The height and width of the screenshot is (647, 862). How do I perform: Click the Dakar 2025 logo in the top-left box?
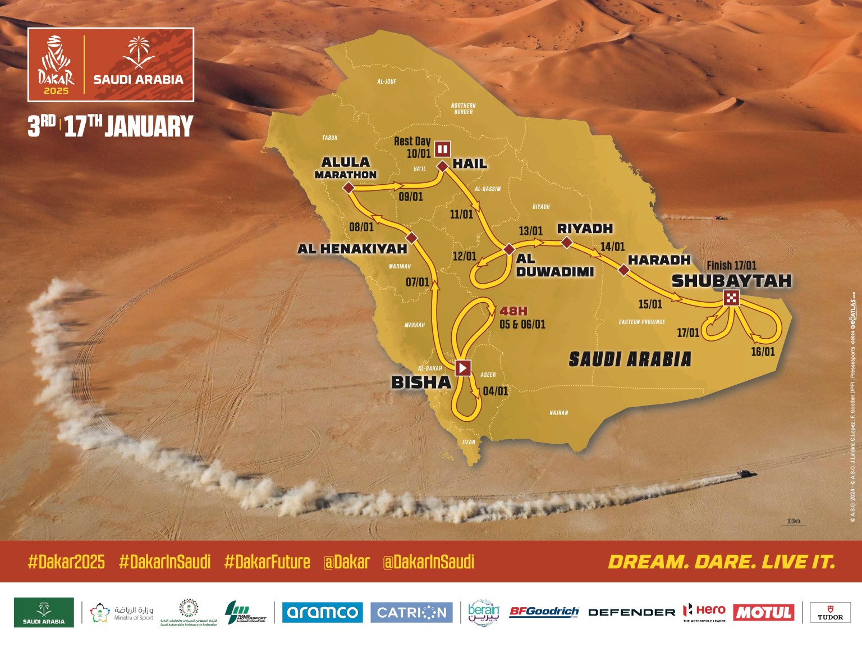pyautogui.click(x=56, y=65)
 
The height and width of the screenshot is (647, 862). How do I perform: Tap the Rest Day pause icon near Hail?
pyautogui.click(x=443, y=149)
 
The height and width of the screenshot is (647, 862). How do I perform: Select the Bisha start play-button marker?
pyautogui.click(x=463, y=368)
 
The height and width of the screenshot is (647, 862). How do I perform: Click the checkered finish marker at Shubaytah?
pyautogui.click(x=731, y=298)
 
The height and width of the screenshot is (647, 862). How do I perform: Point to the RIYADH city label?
pyautogui.click(x=585, y=229)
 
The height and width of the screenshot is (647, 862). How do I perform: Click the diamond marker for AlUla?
pyautogui.click(x=349, y=188)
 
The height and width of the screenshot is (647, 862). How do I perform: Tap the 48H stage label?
pyautogui.click(x=513, y=311)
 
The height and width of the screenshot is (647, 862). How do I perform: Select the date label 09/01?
pyautogui.click(x=411, y=197)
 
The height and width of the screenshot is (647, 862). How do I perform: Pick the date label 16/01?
pyautogui.click(x=763, y=352)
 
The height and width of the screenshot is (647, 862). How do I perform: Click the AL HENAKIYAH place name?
pyautogui.click(x=352, y=249)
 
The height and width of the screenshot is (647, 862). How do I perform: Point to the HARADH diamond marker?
pyautogui.click(x=623, y=270)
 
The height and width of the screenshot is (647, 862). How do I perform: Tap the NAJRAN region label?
pyautogui.click(x=558, y=413)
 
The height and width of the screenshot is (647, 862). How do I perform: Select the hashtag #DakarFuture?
pyautogui.click(x=267, y=562)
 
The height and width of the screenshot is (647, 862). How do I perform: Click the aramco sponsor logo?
pyautogui.click(x=322, y=612)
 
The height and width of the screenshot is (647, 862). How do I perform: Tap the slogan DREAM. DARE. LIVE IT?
pyautogui.click(x=722, y=562)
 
